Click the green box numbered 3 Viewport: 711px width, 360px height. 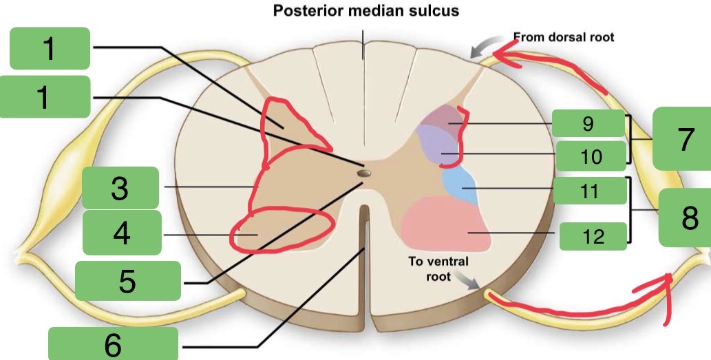(120, 188)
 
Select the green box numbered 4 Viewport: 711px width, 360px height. (122, 233)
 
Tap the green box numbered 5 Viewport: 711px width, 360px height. (127, 281)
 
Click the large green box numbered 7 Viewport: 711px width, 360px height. (681, 138)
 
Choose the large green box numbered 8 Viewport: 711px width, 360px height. (684, 218)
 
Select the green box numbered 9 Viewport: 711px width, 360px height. (587, 124)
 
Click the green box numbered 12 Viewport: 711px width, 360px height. (593, 236)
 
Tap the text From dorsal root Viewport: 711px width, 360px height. (563, 37)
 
